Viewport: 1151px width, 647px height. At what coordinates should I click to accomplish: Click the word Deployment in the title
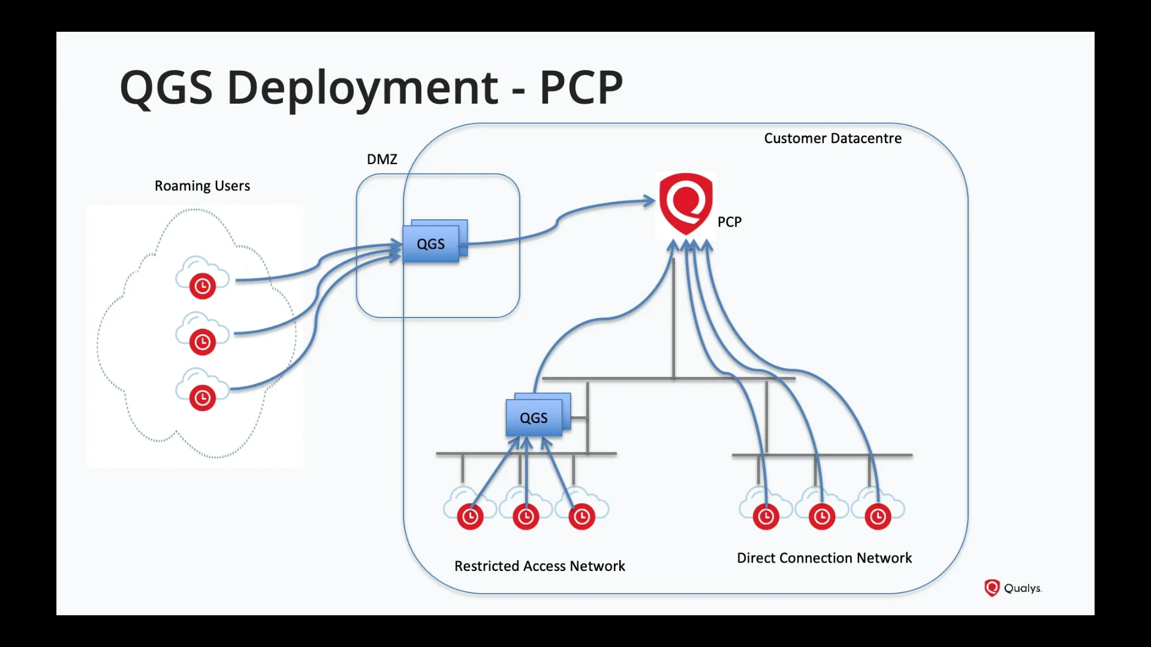point(362,87)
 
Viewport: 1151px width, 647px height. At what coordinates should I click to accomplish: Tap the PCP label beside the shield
point(729,222)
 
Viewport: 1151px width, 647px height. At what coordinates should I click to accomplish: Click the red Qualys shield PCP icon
point(686,204)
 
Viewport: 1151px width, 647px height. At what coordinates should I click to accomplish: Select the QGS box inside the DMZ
point(431,244)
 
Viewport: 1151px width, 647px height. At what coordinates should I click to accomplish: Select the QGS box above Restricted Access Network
point(534,418)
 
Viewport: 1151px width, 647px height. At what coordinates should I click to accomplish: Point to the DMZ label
point(382,159)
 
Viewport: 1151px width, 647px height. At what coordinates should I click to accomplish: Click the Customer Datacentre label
point(832,138)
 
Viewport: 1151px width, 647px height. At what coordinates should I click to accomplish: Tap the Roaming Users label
point(202,186)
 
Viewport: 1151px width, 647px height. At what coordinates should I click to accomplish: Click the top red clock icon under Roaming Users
point(203,286)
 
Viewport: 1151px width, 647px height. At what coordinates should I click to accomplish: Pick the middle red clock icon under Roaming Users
point(203,342)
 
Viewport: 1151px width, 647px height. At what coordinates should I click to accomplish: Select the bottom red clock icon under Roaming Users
point(203,398)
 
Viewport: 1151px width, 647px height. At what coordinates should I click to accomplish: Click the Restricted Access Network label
point(540,566)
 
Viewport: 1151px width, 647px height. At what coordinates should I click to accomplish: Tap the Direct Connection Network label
point(824,558)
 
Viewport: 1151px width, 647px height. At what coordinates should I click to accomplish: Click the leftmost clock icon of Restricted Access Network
point(470,516)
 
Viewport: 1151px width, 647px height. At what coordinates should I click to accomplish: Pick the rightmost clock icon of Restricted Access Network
point(581,516)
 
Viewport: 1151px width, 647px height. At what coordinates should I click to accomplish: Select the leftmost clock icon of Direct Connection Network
point(766,516)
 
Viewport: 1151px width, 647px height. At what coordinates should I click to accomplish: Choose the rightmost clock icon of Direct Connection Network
point(878,516)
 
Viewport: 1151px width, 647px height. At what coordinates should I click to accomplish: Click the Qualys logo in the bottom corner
point(1013,588)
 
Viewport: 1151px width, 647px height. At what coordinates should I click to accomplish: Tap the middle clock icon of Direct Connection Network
point(821,516)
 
